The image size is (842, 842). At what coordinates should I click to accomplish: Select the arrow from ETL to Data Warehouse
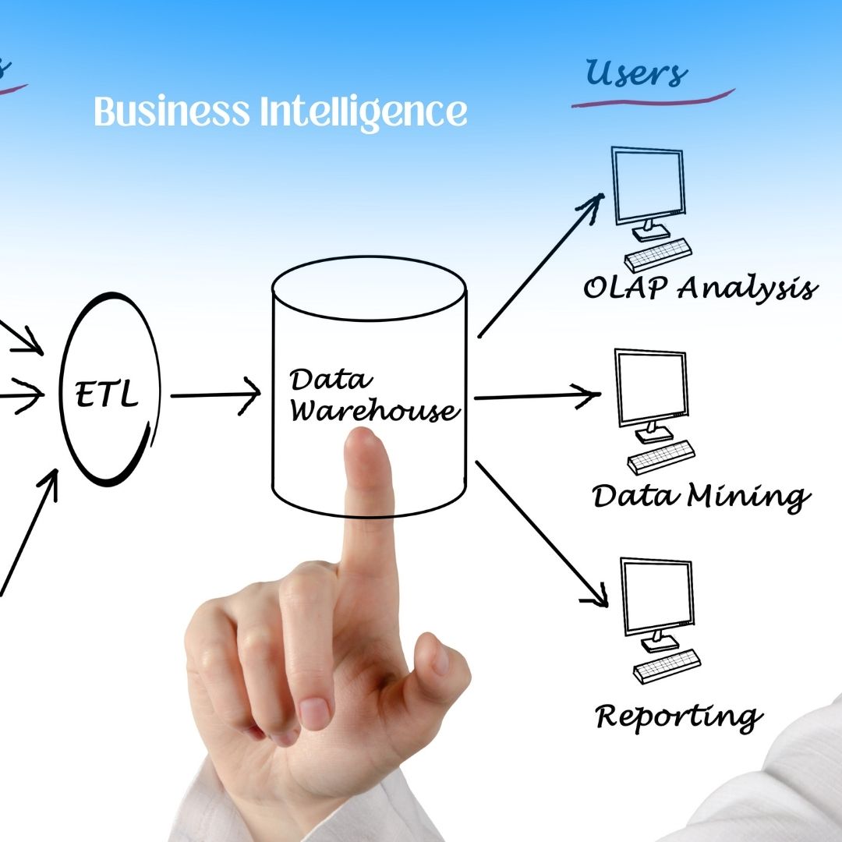(214, 395)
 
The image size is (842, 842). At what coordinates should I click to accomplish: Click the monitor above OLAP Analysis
(648, 186)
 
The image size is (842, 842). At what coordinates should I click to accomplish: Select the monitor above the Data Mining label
(652, 387)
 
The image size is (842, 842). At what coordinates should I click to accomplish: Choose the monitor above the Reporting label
(656, 596)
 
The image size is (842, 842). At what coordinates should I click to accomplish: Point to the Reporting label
(677, 716)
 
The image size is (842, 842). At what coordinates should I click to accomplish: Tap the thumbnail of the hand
(440, 659)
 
